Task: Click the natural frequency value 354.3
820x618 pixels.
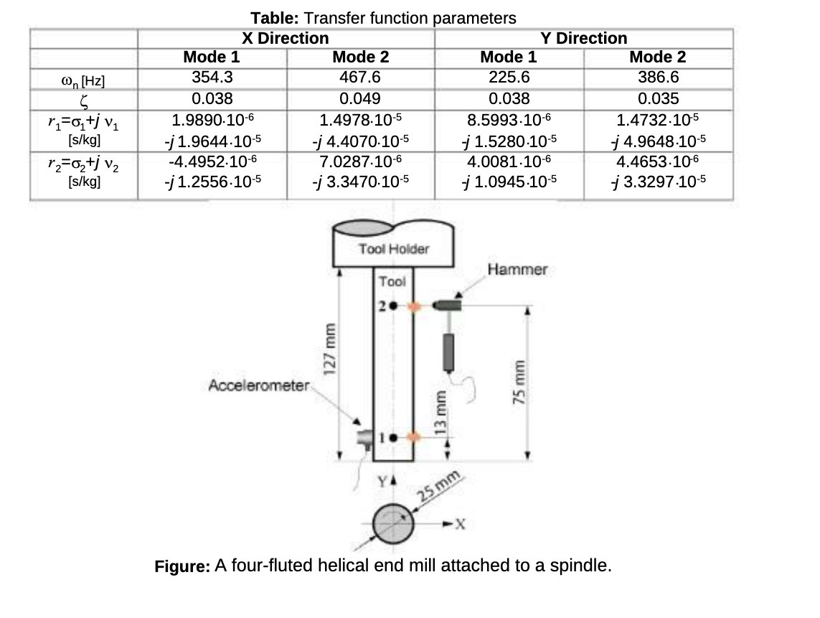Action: tap(212, 78)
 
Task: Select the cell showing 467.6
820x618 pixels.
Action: tap(360, 78)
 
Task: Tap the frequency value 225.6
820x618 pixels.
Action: tap(509, 78)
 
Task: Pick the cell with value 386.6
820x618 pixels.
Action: tap(659, 78)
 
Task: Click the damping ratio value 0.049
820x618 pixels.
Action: tap(360, 99)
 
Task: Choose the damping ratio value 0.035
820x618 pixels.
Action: tap(659, 99)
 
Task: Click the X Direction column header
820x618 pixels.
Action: tap(285, 38)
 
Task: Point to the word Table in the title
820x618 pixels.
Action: tap(274, 18)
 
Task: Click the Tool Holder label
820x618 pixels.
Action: tap(394, 249)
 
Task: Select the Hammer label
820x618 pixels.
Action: tap(517, 269)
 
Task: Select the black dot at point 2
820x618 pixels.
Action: tap(393, 306)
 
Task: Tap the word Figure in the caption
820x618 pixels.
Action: tap(182, 567)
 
